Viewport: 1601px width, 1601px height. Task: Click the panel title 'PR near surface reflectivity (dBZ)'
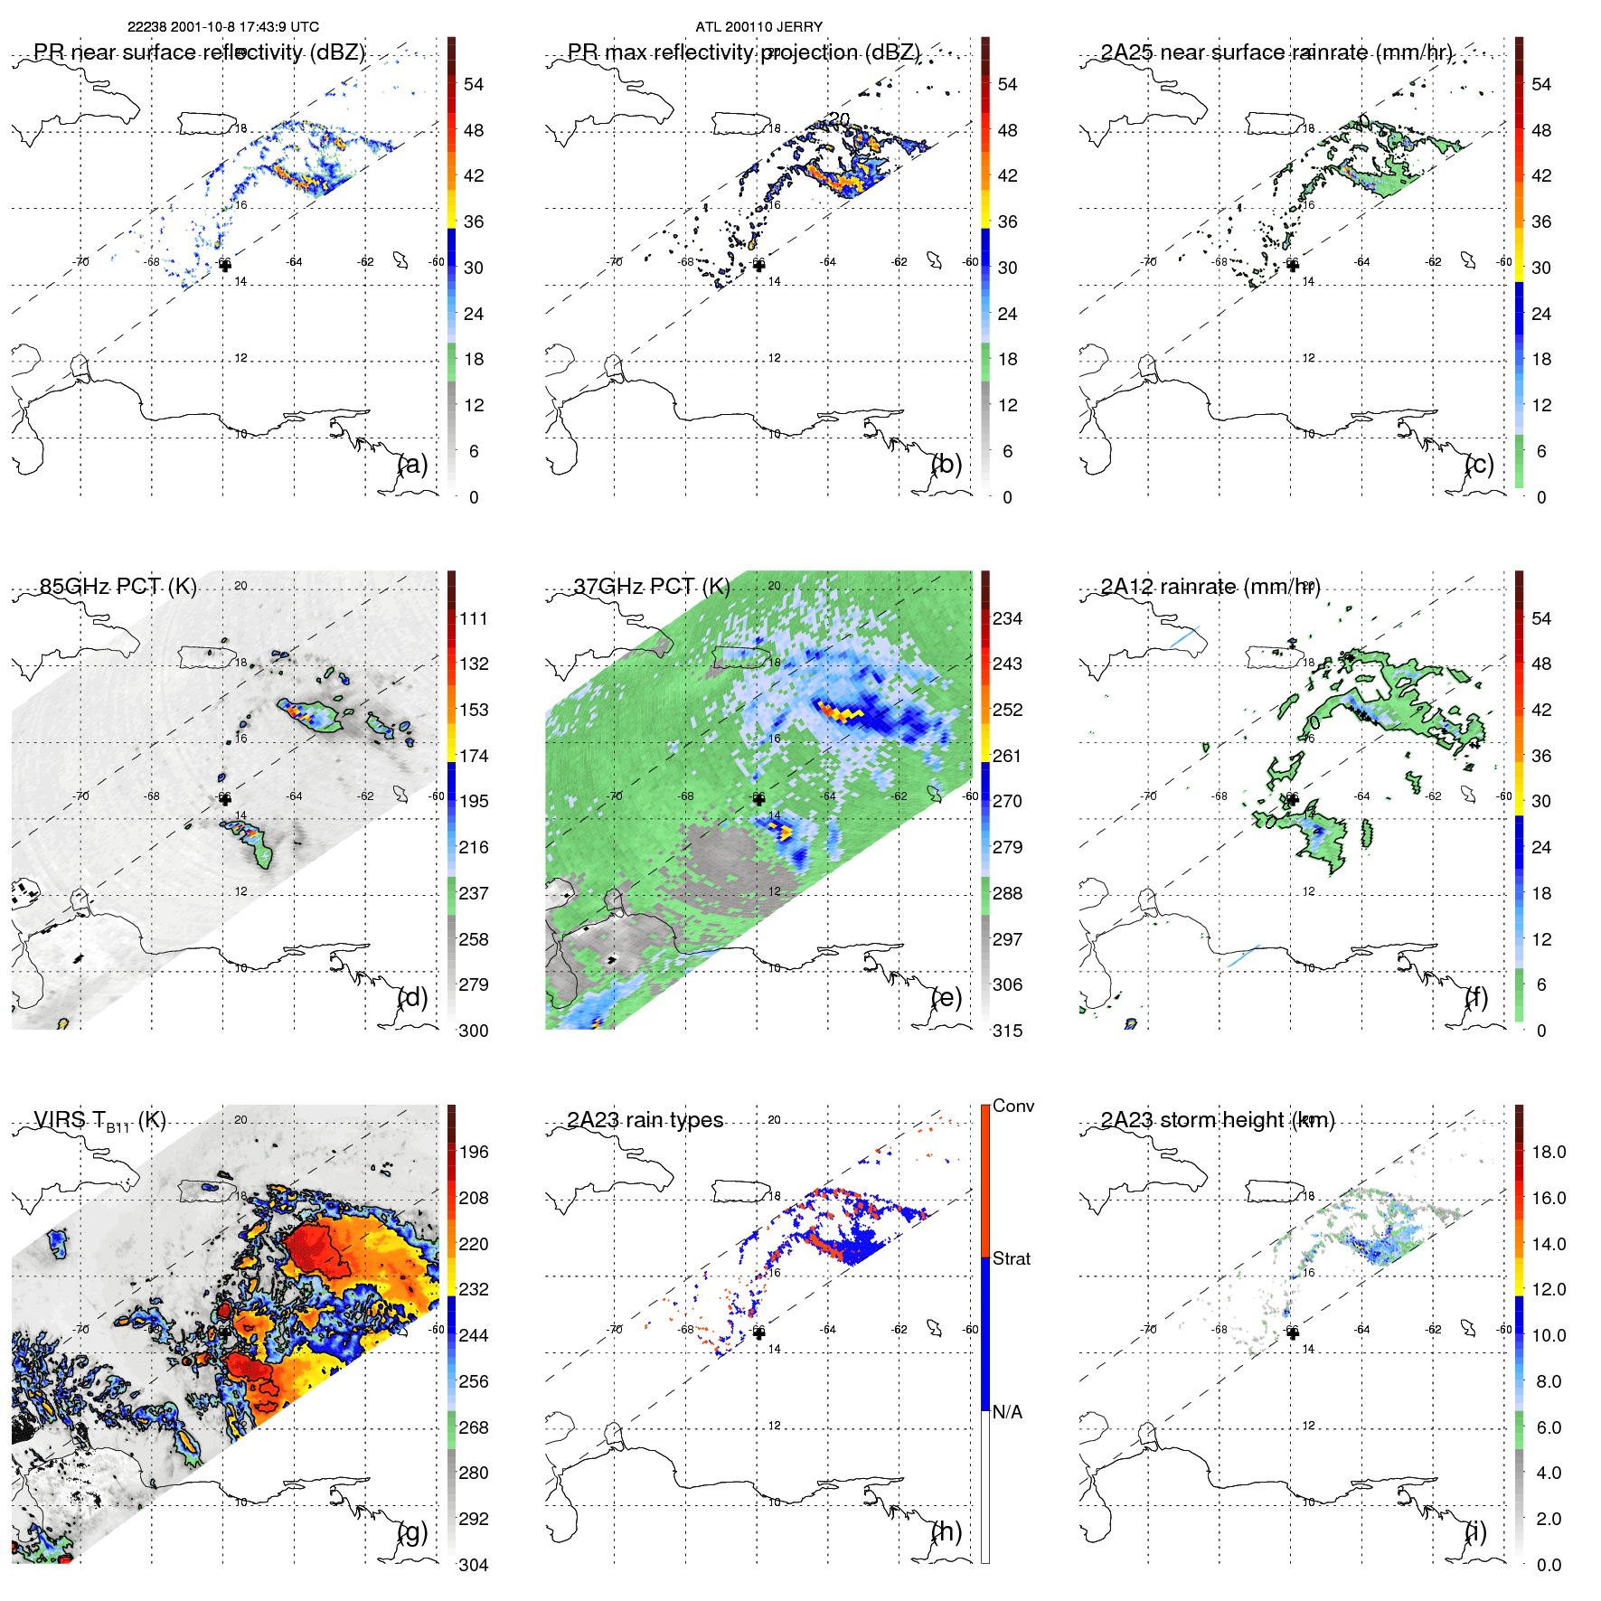pos(199,52)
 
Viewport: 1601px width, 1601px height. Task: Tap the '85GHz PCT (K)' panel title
pos(118,586)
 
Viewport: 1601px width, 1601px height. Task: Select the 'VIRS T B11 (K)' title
pos(99,1121)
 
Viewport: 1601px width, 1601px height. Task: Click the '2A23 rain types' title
pos(645,1120)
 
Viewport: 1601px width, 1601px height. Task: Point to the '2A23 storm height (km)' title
pos(1217,1120)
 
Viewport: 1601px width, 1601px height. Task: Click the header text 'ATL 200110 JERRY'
pos(758,26)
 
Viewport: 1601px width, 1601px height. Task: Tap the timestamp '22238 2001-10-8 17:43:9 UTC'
pos(222,26)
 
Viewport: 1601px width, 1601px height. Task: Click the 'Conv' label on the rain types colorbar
pos(1012,1106)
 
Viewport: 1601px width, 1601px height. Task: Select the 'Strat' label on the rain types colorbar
pos(1011,1258)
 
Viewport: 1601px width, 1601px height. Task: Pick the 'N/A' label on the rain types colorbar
pos(1007,1412)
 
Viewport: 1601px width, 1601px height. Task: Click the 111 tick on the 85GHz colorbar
pos(473,618)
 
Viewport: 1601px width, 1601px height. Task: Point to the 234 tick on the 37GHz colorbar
pos(1007,618)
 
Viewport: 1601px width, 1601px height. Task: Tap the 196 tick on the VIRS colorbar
pos(473,1152)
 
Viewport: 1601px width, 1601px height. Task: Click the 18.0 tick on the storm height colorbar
pos(1548,1152)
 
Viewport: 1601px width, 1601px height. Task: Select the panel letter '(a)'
pos(412,464)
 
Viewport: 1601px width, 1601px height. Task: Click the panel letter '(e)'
pos(946,997)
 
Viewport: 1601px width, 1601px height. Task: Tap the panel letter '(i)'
pos(1475,1531)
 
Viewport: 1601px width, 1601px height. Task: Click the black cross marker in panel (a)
pos(225,265)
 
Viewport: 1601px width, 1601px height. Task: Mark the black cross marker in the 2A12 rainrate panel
pos(1293,799)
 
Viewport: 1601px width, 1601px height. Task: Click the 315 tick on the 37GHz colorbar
pos(1007,1031)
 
